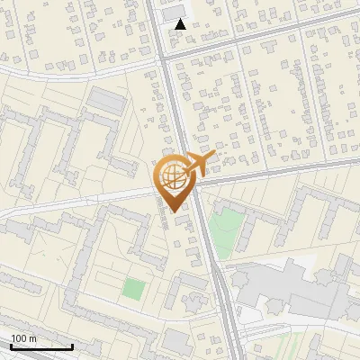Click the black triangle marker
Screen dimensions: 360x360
pyautogui.click(x=181, y=24)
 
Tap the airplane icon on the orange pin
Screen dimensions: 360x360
pyautogui.click(x=202, y=165)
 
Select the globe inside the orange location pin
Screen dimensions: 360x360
pyautogui.click(x=170, y=175)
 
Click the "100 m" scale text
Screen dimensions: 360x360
pyautogui.click(x=24, y=338)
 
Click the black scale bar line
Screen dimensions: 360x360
pyautogui.click(x=41, y=347)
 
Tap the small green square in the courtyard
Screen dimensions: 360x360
pyautogui.click(x=133, y=290)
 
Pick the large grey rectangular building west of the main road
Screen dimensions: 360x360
pyautogui.click(x=107, y=101)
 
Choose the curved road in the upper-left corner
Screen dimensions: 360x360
pyautogui.click(x=54, y=72)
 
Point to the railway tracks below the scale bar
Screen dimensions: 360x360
pyautogui.click(x=54, y=356)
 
